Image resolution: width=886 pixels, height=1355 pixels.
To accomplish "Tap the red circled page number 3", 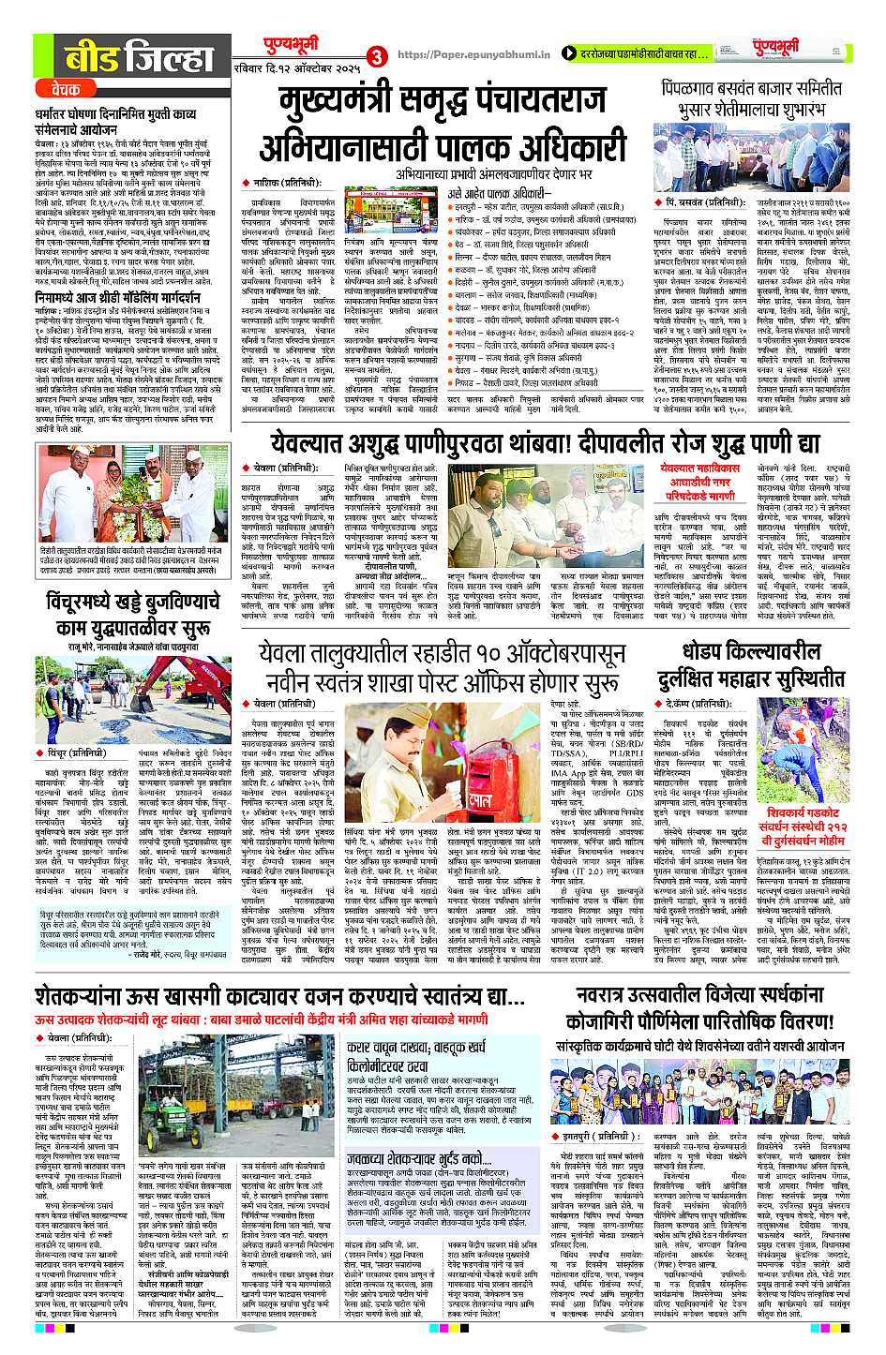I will [378, 55].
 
